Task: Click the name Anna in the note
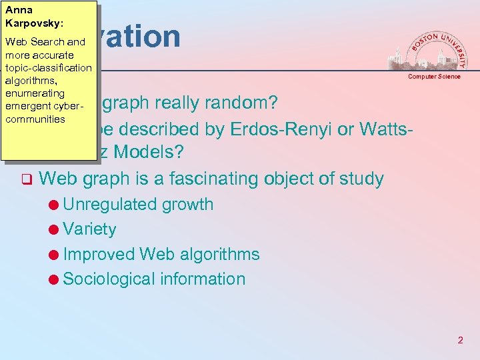click(19, 10)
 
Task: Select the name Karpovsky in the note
click(34, 23)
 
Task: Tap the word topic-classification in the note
click(48, 68)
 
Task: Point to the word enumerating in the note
click(35, 93)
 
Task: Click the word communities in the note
click(35, 119)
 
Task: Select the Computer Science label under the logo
click(434, 77)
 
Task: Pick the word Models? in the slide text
click(149, 153)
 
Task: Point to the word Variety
click(89, 229)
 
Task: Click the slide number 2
click(460, 340)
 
